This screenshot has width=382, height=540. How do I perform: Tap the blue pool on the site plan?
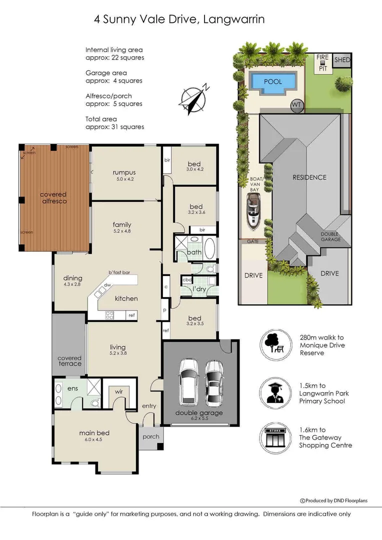click(273, 82)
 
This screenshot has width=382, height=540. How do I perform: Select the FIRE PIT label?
click(323, 62)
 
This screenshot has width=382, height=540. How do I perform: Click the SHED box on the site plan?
click(342, 59)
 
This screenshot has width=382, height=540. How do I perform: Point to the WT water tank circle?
click(296, 105)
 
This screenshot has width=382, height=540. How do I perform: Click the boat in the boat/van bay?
click(253, 210)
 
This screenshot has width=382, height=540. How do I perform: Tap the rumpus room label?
click(124, 172)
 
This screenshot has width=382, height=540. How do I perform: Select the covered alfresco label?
click(53, 197)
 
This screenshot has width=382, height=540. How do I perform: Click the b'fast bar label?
click(119, 272)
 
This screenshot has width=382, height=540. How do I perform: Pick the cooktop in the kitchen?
click(109, 315)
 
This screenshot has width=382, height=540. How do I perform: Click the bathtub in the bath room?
click(209, 247)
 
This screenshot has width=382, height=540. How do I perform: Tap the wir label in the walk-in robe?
click(119, 391)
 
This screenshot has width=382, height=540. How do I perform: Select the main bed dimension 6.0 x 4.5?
click(93, 439)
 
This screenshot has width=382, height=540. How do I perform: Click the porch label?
click(151, 436)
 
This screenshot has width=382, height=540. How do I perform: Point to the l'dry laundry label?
click(199, 289)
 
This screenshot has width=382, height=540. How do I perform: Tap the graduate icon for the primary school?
click(275, 393)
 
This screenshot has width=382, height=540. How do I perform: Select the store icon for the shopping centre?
click(275, 438)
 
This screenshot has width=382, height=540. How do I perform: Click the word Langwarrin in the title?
click(234, 19)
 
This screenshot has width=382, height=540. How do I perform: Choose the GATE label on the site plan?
click(253, 241)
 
